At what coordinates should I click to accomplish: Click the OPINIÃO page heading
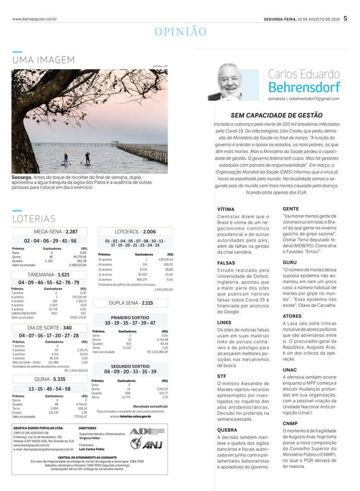180,32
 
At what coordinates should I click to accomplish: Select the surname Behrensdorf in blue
304,87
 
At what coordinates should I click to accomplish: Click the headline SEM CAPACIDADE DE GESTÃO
277,115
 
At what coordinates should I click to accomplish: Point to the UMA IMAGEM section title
44,60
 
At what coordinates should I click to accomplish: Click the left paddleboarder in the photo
66,158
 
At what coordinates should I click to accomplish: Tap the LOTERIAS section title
34,219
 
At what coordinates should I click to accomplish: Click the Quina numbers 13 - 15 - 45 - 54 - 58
50,389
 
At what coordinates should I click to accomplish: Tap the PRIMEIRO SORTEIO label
130,317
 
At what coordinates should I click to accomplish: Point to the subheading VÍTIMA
226,209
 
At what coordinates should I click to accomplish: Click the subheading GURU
290,262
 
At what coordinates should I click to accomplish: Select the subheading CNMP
290,423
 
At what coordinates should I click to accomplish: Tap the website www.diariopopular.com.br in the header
35,19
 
